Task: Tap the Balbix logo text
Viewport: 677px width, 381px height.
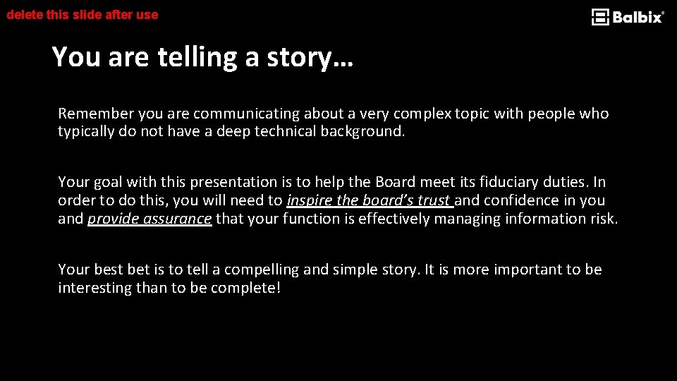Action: (638, 17)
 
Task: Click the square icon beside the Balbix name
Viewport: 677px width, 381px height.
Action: (600, 17)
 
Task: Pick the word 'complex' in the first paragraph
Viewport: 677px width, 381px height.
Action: (422, 114)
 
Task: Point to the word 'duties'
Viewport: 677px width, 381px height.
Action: (568, 182)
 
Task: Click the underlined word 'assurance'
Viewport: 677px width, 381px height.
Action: (177, 219)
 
